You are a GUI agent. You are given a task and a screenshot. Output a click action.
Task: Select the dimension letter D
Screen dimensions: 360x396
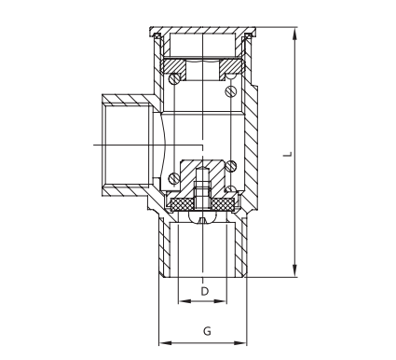pos(204,292)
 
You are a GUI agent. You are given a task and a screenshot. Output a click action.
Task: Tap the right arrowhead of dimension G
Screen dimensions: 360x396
pos(246,341)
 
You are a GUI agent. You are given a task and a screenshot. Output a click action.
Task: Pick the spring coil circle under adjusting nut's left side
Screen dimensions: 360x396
pos(174,82)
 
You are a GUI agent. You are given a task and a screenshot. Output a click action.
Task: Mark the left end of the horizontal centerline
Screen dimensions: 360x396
pos(94,145)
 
